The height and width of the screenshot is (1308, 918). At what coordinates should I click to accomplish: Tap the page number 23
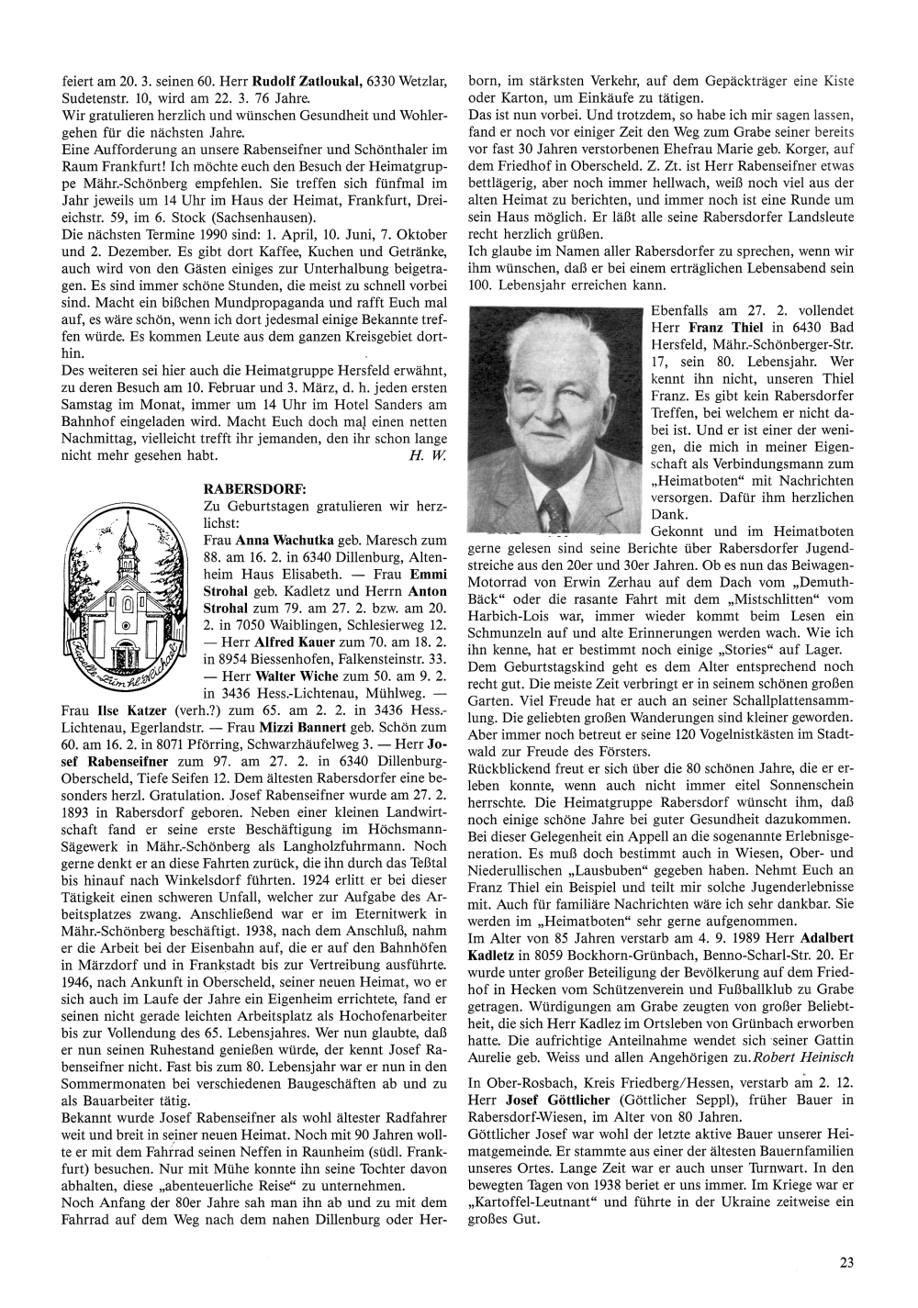[x=846, y=1263]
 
